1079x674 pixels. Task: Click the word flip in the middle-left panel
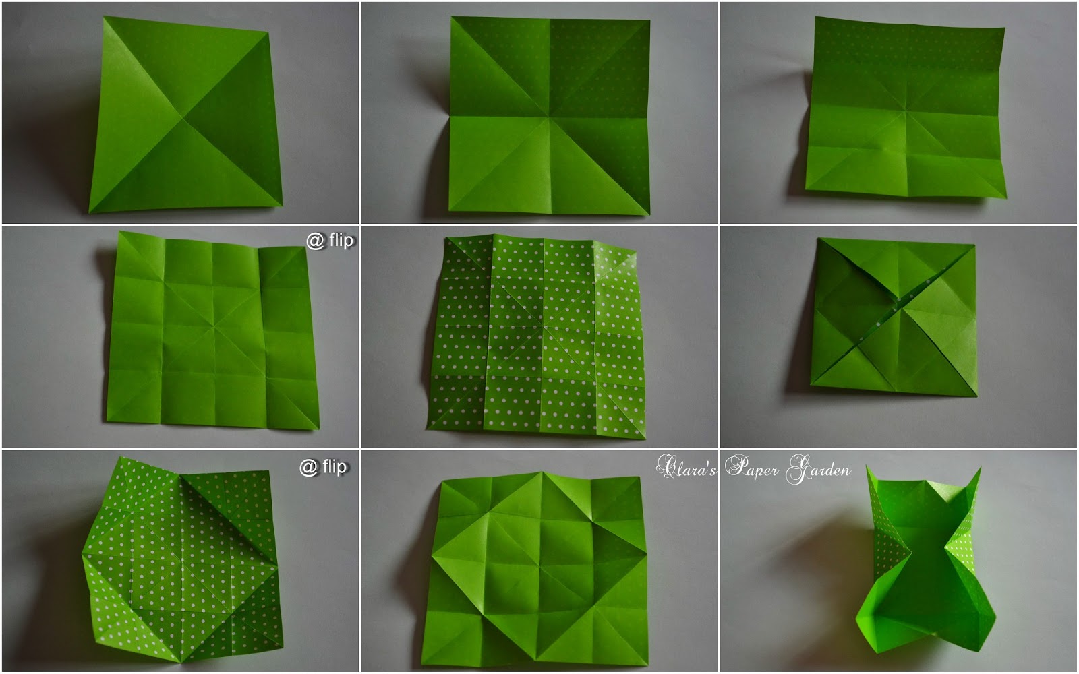(341, 241)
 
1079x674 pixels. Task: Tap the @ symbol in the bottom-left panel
(308, 468)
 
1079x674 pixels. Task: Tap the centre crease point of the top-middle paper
(550, 116)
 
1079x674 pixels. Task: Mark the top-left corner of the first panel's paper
(105, 17)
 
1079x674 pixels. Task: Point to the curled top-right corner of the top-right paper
(1004, 28)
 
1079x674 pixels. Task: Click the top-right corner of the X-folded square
(975, 245)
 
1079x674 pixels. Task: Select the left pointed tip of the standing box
(868, 466)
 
